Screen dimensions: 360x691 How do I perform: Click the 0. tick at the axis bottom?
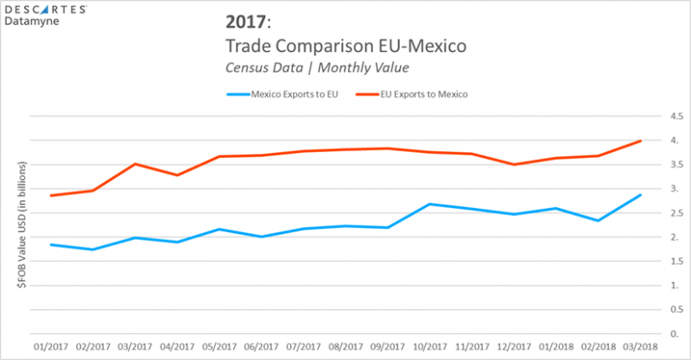pyautogui.click(x=668, y=334)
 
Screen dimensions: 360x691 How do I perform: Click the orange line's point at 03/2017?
pyautogui.click(x=135, y=164)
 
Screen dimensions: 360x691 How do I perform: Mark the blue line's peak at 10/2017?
pyautogui.click(x=429, y=204)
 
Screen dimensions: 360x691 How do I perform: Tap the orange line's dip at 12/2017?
pyautogui.click(x=514, y=164)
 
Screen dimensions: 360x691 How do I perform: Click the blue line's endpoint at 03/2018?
pyautogui.click(x=640, y=194)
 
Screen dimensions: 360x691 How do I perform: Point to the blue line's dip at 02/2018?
pyautogui.click(x=598, y=220)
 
